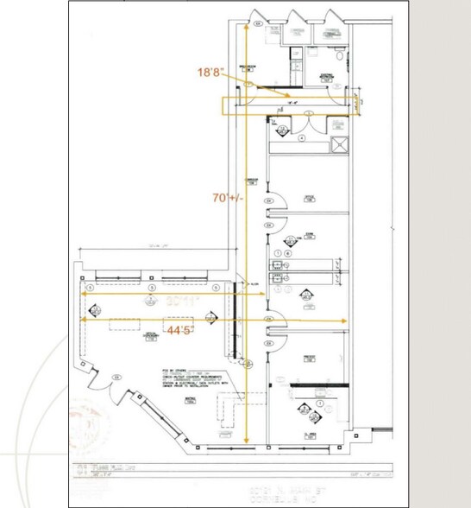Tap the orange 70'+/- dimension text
click(x=228, y=197)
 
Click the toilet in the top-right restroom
click(x=342, y=57)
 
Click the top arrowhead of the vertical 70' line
click(x=249, y=27)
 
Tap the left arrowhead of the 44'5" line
click(x=83, y=319)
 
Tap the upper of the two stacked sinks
click(x=278, y=265)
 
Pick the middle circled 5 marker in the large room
click(x=152, y=286)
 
